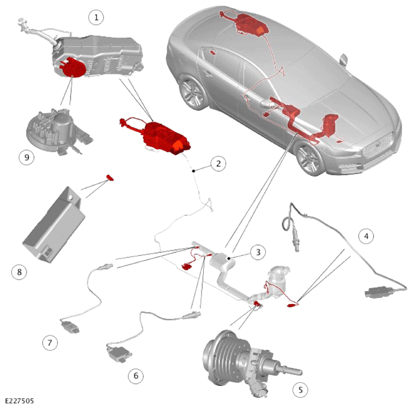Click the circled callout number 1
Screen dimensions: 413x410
(x=96, y=17)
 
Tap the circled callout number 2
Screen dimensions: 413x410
(x=218, y=164)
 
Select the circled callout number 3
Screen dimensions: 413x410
(x=258, y=252)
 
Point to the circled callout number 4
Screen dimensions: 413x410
(x=366, y=237)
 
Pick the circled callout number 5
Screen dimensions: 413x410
(x=300, y=390)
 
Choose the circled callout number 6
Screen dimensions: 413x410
(x=136, y=376)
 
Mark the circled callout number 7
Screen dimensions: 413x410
(x=50, y=343)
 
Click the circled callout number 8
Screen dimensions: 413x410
(x=19, y=272)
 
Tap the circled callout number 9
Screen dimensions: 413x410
(x=27, y=157)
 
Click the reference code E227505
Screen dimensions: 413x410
(x=19, y=401)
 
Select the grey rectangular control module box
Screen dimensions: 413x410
(x=54, y=225)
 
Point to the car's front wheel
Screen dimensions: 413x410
(x=310, y=157)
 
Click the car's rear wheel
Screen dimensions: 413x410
(x=193, y=92)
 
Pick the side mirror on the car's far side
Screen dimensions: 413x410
(x=344, y=60)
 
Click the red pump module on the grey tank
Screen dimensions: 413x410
(x=73, y=67)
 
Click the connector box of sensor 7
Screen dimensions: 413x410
(x=70, y=326)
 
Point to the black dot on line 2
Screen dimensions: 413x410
(x=194, y=171)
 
